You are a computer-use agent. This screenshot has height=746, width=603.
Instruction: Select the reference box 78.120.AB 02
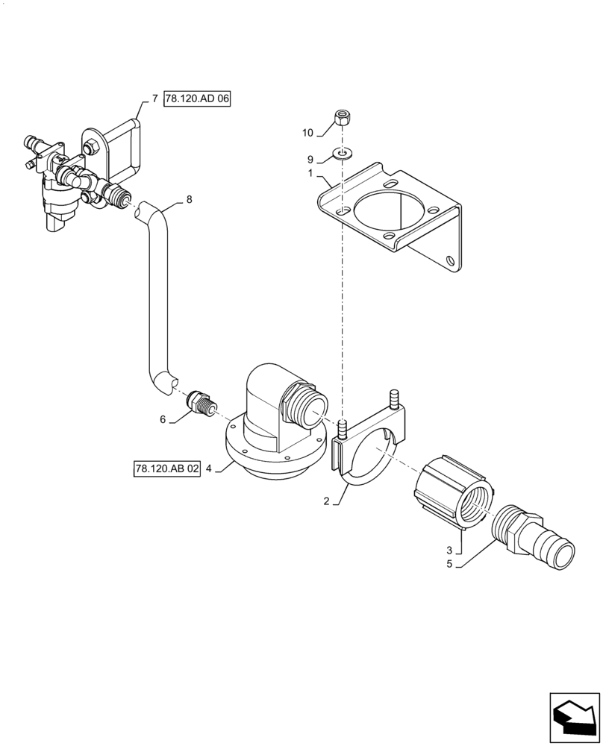click(168, 468)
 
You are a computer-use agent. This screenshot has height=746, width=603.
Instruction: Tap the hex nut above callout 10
click(341, 117)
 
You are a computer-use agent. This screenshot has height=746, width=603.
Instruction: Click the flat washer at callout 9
click(343, 154)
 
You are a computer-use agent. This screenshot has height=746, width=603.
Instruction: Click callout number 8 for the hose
click(189, 199)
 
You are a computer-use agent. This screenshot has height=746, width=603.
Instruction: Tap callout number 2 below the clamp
click(326, 501)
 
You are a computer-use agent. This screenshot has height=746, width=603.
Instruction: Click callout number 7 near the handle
click(154, 98)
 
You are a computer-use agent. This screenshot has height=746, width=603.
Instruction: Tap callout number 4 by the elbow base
click(210, 468)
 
